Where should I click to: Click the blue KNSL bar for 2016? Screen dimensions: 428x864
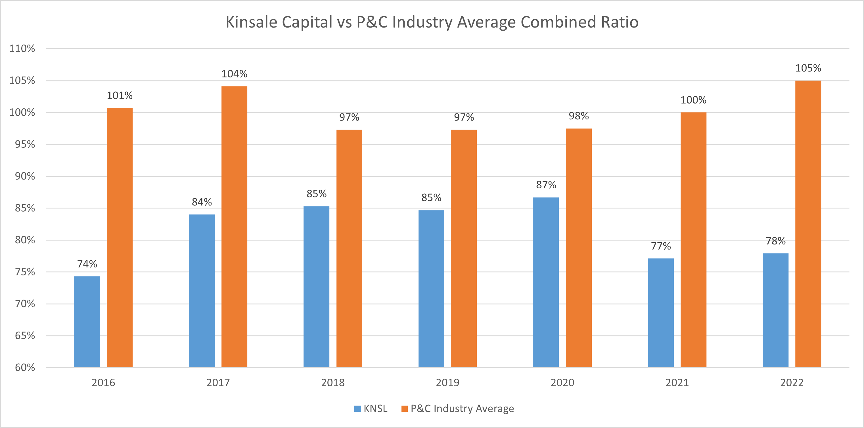[x=87, y=322]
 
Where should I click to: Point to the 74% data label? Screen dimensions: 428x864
[x=87, y=264]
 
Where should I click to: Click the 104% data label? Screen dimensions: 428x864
[x=235, y=74]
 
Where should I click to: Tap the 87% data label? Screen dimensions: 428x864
[x=546, y=185]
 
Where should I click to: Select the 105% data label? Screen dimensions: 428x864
[x=808, y=68]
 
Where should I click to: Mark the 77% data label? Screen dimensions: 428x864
[x=661, y=246]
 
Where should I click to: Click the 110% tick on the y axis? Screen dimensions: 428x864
[x=22, y=49]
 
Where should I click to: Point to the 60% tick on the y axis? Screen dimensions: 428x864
[x=25, y=367]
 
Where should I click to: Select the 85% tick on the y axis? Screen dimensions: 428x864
[x=25, y=208]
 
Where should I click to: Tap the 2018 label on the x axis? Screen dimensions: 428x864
[x=333, y=382]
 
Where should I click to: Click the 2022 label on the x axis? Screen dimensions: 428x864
[x=792, y=382]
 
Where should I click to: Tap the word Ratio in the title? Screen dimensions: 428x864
[x=620, y=22]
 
